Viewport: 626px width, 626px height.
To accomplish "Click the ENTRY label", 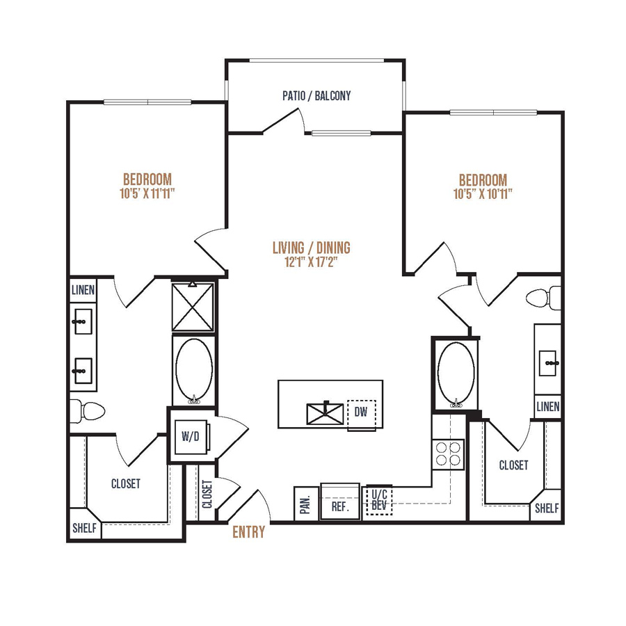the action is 249,532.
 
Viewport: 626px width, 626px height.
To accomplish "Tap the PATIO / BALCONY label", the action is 316,96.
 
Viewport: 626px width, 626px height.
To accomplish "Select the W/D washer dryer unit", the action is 191,437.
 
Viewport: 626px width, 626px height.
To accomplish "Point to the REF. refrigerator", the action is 340,501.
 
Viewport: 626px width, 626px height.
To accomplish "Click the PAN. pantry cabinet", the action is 306,504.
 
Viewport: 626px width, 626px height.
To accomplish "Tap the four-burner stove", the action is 448,454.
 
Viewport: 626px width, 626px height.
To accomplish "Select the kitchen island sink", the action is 325,414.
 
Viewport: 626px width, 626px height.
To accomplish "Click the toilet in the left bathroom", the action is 88,411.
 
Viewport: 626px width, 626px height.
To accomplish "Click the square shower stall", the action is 193,306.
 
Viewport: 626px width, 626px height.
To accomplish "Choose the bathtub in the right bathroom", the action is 456,374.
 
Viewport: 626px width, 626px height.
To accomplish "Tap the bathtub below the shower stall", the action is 194,371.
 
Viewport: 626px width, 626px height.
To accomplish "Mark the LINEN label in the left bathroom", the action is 83,290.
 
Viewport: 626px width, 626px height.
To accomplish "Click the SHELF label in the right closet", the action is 547,508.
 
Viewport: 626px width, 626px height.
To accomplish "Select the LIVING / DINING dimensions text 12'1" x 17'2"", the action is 312,262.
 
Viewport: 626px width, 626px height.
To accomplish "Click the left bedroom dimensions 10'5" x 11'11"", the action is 147,193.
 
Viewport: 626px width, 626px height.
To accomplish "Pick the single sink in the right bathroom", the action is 548,363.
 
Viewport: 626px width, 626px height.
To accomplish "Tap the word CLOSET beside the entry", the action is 207,495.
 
